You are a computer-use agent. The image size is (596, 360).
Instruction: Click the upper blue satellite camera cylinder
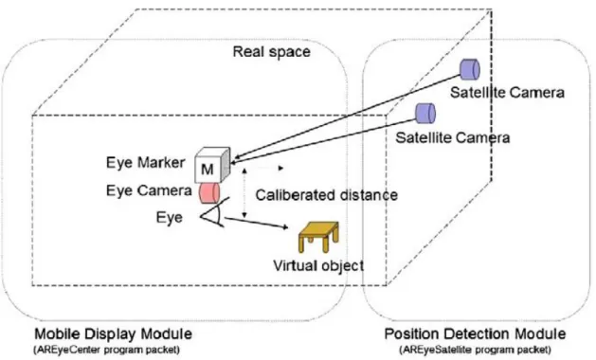[x=470, y=69]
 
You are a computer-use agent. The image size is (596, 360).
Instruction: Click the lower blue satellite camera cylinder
[x=425, y=114]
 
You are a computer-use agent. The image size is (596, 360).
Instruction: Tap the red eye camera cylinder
[x=209, y=193]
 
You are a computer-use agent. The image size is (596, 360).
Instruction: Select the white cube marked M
[x=212, y=165]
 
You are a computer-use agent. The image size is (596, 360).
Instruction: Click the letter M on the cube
[x=208, y=170]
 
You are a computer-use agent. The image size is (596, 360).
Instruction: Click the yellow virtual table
[x=318, y=237]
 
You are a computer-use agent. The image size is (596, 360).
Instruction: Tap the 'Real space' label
[x=271, y=52]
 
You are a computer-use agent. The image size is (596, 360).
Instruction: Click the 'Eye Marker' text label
[x=146, y=162]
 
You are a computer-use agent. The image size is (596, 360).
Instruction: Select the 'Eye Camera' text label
[x=149, y=190]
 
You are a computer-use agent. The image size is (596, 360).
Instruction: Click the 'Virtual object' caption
[x=318, y=265]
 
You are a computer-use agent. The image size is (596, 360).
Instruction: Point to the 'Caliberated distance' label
[x=327, y=195]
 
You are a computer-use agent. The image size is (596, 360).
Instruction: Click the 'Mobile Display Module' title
[x=114, y=334]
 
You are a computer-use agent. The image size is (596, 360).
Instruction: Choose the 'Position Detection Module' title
[x=475, y=334]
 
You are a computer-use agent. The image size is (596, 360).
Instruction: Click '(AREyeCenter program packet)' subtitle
[x=107, y=350]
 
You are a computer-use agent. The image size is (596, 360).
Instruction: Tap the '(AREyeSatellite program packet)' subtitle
[x=475, y=350]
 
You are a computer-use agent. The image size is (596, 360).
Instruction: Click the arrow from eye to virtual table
[x=256, y=223]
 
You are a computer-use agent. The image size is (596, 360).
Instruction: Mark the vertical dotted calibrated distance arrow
[x=244, y=193]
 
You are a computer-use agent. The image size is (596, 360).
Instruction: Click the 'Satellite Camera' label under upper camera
[x=507, y=93]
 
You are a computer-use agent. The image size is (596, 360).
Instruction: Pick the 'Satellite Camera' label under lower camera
[x=452, y=137]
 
